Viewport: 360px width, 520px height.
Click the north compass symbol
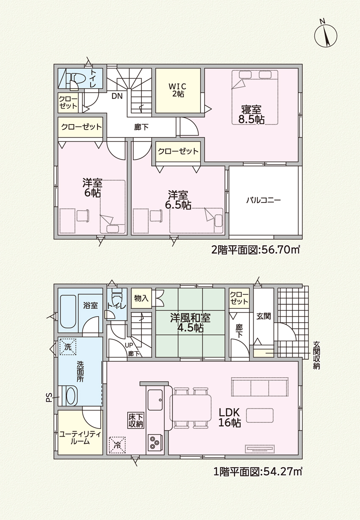pyautogui.click(x=325, y=36)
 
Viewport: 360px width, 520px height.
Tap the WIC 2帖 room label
pyautogui.click(x=178, y=90)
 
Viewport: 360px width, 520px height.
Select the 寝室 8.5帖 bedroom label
pyautogui.click(x=251, y=114)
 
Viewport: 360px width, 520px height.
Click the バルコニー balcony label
pyautogui.click(x=263, y=200)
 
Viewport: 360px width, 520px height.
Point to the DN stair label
pyautogui.click(x=117, y=96)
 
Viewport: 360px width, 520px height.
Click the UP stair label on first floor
pyautogui.click(x=129, y=345)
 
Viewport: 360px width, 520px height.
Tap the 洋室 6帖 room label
pyautogui.click(x=92, y=188)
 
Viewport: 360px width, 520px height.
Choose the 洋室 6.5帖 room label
pyautogui.click(x=178, y=200)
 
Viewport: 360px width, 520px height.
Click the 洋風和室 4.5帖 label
pyautogui.click(x=190, y=323)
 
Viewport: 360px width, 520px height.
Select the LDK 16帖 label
pyautogui.click(x=230, y=418)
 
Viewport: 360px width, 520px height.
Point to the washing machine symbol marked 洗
pyautogui.click(x=68, y=347)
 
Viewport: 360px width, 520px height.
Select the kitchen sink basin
pyautogui.click(x=155, y=400)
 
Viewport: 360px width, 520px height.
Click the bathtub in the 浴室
pyautogui.click(x=68, y=311)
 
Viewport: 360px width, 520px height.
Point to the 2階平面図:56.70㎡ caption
pyautogui.click(x=255, y=250)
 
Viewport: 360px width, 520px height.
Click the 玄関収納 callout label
pyautogui.click(x=316, y=355)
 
